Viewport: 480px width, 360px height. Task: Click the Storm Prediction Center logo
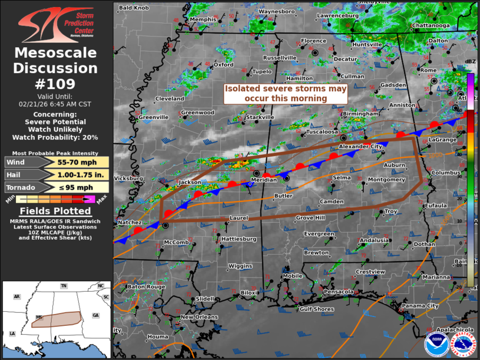[56, 25]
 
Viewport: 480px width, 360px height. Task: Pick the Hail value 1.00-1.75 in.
[75, 174]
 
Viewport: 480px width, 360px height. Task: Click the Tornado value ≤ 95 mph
[75, 187]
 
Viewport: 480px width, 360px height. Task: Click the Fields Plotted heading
[56, 211]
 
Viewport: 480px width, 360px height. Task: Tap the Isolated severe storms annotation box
[286, 94]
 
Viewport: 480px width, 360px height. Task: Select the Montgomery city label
[386, 180]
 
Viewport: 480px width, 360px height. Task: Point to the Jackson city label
[190, 183]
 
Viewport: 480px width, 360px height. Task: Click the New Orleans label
[199, 317]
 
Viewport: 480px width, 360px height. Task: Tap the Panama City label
[420, 306]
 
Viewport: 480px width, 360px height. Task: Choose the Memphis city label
[203, 19]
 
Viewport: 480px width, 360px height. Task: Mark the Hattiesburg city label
[239, 239]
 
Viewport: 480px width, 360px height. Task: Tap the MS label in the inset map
[39, 316]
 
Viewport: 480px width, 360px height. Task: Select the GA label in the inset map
[95, 315]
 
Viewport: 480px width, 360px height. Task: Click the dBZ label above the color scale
[470, 61]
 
